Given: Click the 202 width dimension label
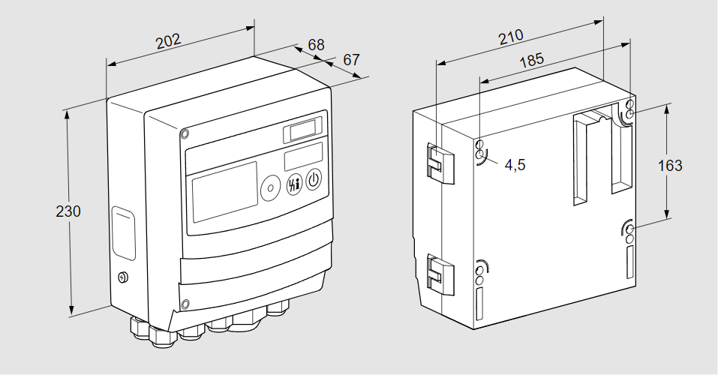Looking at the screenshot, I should tap(169, 40).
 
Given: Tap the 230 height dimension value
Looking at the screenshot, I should tap(68, 211).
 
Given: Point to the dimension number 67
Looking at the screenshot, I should tap(352, 59).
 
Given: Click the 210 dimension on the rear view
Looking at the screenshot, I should tap(510, 37).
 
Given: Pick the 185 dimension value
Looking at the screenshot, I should tap(531, 61).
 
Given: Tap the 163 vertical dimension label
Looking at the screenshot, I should tap(670, 165).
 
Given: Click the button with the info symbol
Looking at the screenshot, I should tap(293, 184).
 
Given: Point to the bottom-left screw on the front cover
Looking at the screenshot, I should tap(185, 304).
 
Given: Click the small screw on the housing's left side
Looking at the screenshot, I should tap(124, 277).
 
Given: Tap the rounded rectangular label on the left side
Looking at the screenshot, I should tap(124, 234).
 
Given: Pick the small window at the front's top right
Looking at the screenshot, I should tap(302, 130).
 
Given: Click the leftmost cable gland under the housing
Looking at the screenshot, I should tap(140, 326).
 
